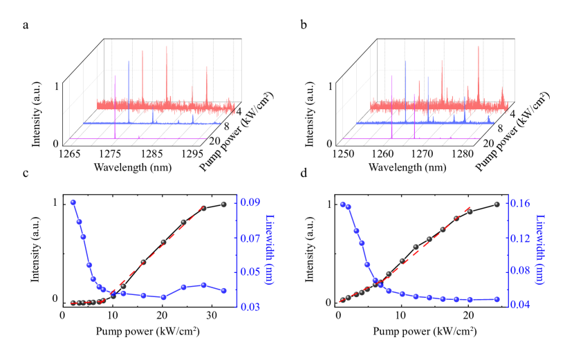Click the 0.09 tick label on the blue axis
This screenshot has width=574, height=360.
click(250, 202)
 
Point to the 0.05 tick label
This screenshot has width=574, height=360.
click(250, 272)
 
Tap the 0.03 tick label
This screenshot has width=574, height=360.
click(250, 306)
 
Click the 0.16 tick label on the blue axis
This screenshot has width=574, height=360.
click(520, 203)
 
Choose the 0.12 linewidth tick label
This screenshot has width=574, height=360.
click(520, 238)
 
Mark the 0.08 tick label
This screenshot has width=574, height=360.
click(520, 271)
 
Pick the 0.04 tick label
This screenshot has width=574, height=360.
click(520, 304)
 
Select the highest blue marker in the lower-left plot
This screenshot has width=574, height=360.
click(73, 202)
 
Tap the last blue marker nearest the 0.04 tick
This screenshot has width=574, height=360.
click(497, 299)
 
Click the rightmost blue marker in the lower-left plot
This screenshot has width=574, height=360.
click(223, 290)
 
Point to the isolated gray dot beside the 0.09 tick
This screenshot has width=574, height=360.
click(223, 203)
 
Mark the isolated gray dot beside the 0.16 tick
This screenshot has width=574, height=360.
click(496, 203)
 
